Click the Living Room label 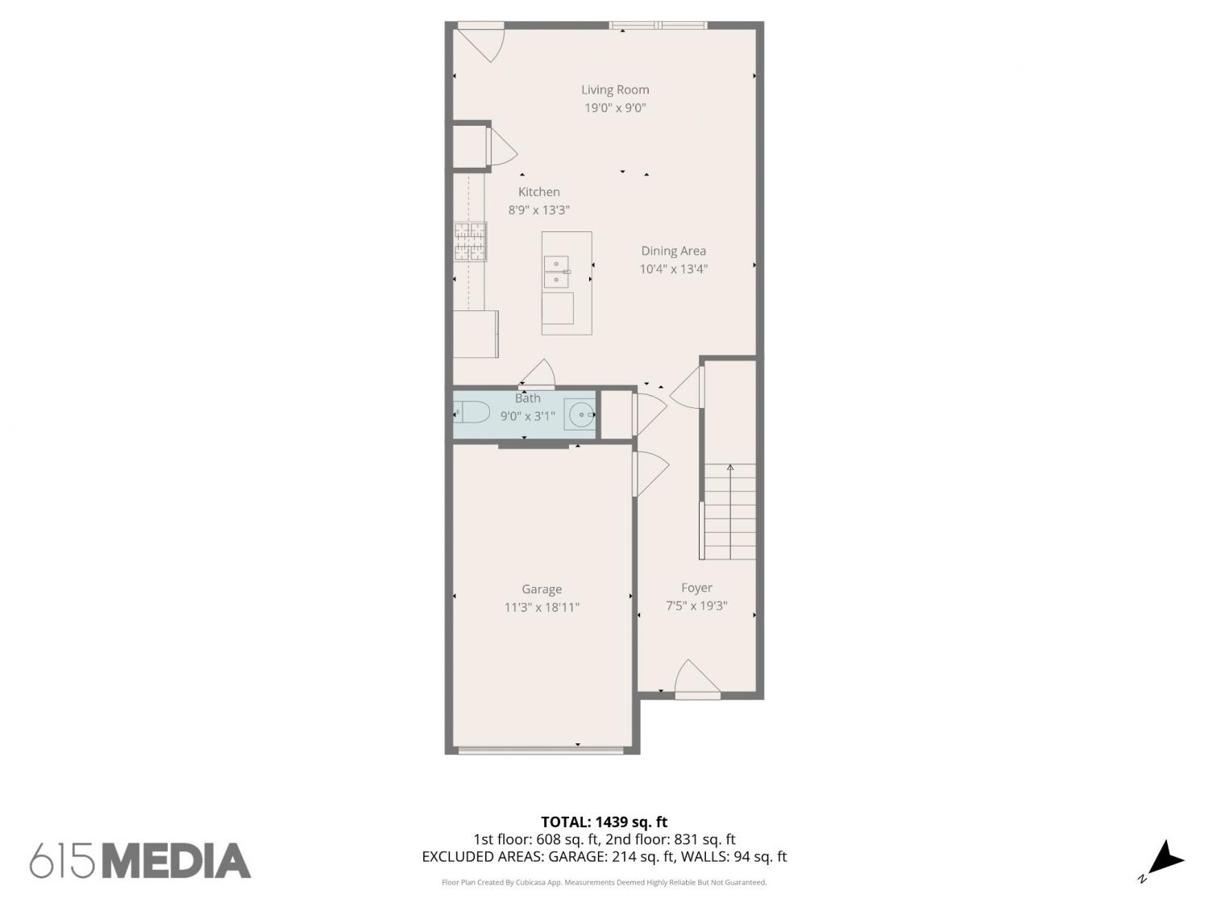pos(615,89)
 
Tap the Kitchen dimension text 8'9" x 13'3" pos(538,210)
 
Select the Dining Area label pos(673,251)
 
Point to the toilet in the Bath pos(472,412)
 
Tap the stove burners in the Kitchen pos(470,241)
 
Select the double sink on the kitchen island pos(556,272)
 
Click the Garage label pos(542,589)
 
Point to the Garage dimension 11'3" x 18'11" pos(542,607)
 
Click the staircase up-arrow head pos(729,468)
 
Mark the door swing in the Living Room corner pos(481,43)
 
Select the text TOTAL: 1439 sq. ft pos(604,822)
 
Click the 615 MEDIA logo pos(140,861)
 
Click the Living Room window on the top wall pos(658,25)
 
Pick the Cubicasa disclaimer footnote pos(604,883)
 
